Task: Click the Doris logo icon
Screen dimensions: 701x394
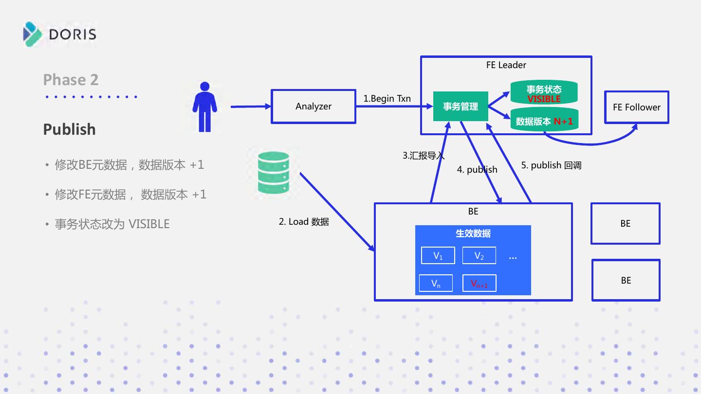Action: tap(32, 35)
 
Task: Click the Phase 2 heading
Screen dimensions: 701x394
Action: tap(71, 80)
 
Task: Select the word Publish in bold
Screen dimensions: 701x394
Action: tap(69, 129)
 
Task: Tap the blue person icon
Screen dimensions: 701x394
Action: tap(204, 107)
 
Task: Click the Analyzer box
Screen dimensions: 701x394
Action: tap(314, 107)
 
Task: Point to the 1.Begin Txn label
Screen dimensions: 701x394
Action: tap(387, 98)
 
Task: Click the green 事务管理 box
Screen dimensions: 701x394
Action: tap(461, 107)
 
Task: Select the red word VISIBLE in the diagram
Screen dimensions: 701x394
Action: tap(544, 99)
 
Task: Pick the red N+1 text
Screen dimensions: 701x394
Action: tap(563, 121)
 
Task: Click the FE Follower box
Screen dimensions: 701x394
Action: tap(637, 107)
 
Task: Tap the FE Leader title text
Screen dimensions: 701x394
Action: tap(506, 65)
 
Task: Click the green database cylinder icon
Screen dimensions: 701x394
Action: tap(273, 173)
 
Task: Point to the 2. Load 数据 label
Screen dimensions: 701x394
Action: tap(304, 222)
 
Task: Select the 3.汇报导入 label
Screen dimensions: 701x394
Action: tap(424, 156)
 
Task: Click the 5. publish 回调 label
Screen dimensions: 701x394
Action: tap(551, 165)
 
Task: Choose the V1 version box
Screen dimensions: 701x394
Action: tap(438, 255)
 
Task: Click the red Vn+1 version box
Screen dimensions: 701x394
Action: tap(480, 283)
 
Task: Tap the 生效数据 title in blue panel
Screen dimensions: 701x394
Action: tap(473, 233)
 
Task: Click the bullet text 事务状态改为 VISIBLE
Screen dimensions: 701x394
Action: tap(112, 224)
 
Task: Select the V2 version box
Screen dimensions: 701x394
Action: tap(479, 255)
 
